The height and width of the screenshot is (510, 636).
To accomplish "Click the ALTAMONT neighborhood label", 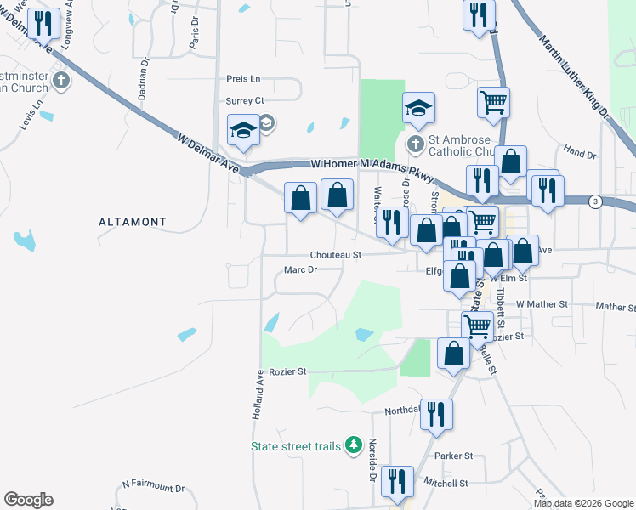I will [x=131, y=221].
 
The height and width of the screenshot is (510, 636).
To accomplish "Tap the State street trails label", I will [x=296, y=446].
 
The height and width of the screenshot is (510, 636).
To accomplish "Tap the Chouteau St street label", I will [x=335, y=254].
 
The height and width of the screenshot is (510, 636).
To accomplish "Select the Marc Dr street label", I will [x=300, y=270].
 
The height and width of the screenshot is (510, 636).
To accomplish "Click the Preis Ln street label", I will [x=243, y=78].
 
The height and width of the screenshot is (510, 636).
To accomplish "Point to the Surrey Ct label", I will [x=245, y=100].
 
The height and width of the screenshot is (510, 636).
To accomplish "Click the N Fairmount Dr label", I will [x=153, y=487].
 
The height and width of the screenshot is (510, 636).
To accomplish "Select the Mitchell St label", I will [x=446, y=484].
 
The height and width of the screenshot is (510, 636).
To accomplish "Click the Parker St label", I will [x=447, y=456].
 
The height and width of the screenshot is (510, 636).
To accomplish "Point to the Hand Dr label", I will [x=579, y=153].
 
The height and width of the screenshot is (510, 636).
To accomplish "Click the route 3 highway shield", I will [x=596, y=201].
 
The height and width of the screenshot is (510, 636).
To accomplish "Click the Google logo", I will [x=29, y=499].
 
